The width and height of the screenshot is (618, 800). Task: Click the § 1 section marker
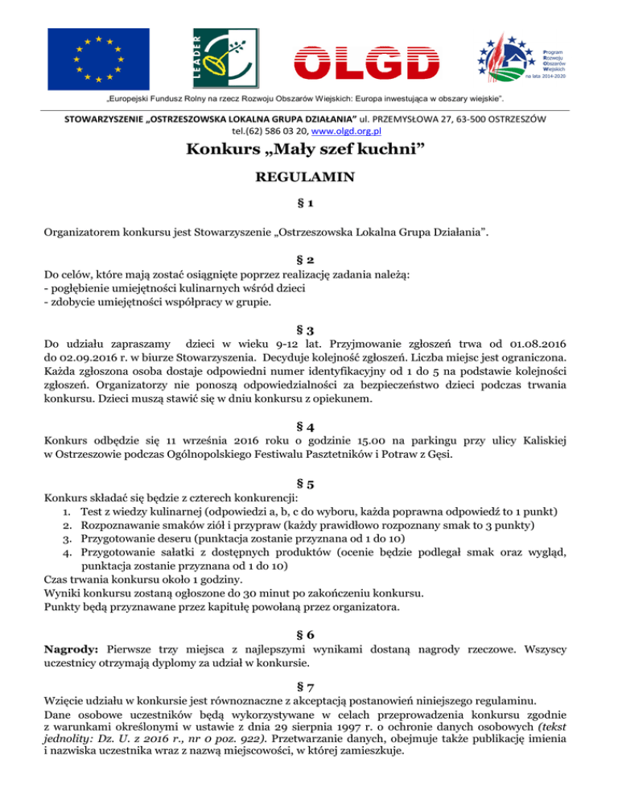[309, 208]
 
